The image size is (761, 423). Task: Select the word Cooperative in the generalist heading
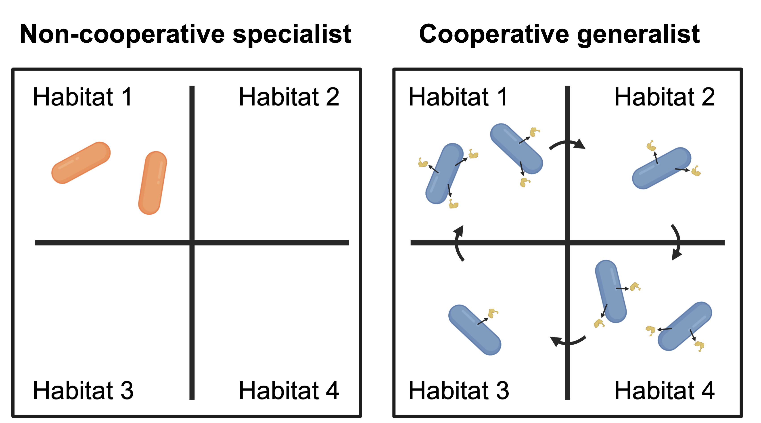(494, 34)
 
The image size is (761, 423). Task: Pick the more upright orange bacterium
(153, 183)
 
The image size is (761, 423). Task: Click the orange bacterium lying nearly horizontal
(81, 163)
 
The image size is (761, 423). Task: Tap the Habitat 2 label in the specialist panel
(289, 97)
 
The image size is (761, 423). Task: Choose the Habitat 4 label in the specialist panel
(289, 390)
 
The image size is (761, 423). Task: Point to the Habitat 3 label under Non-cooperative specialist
(83, 390)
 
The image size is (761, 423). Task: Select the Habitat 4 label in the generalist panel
(665, 390)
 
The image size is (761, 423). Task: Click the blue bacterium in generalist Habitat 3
(475, 330)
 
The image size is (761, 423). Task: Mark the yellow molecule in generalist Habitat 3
(493, 313)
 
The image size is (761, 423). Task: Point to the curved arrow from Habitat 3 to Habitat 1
(457, 243)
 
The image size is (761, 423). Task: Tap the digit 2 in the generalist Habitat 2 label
(708, 97)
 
